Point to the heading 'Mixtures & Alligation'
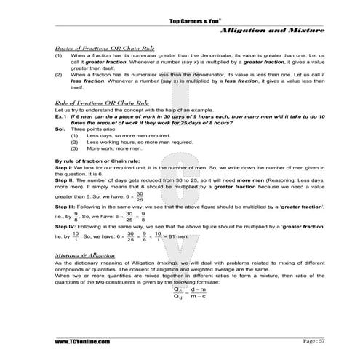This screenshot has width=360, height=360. (x=79, y=256)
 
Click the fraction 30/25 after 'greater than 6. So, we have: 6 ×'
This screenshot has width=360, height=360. (x=140, y=196)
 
